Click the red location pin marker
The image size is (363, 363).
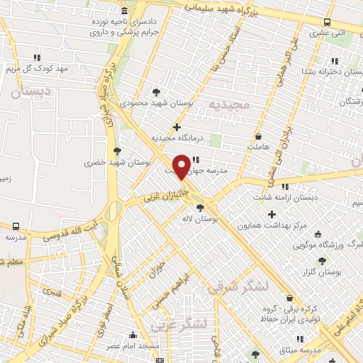tap(181, 166)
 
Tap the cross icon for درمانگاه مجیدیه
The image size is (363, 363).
tap(177, 127)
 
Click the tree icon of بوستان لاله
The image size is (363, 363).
tap(200, 208)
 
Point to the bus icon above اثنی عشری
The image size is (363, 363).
tap(327, 22)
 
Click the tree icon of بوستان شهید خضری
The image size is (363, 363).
tap(116, 150)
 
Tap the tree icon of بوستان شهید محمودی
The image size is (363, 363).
tap(156, 91)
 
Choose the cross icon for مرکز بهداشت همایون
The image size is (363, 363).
tap(272, 214)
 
